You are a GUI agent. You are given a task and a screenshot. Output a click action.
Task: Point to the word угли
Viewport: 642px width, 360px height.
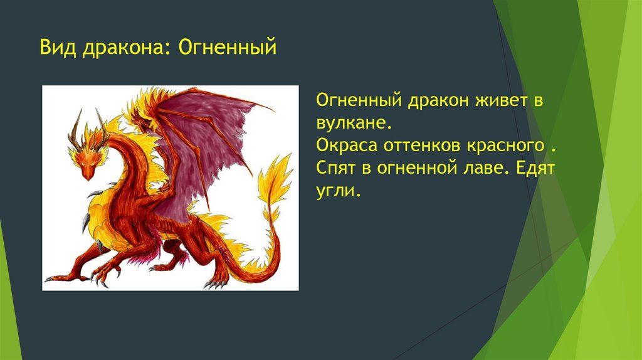tap(339, 190)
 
